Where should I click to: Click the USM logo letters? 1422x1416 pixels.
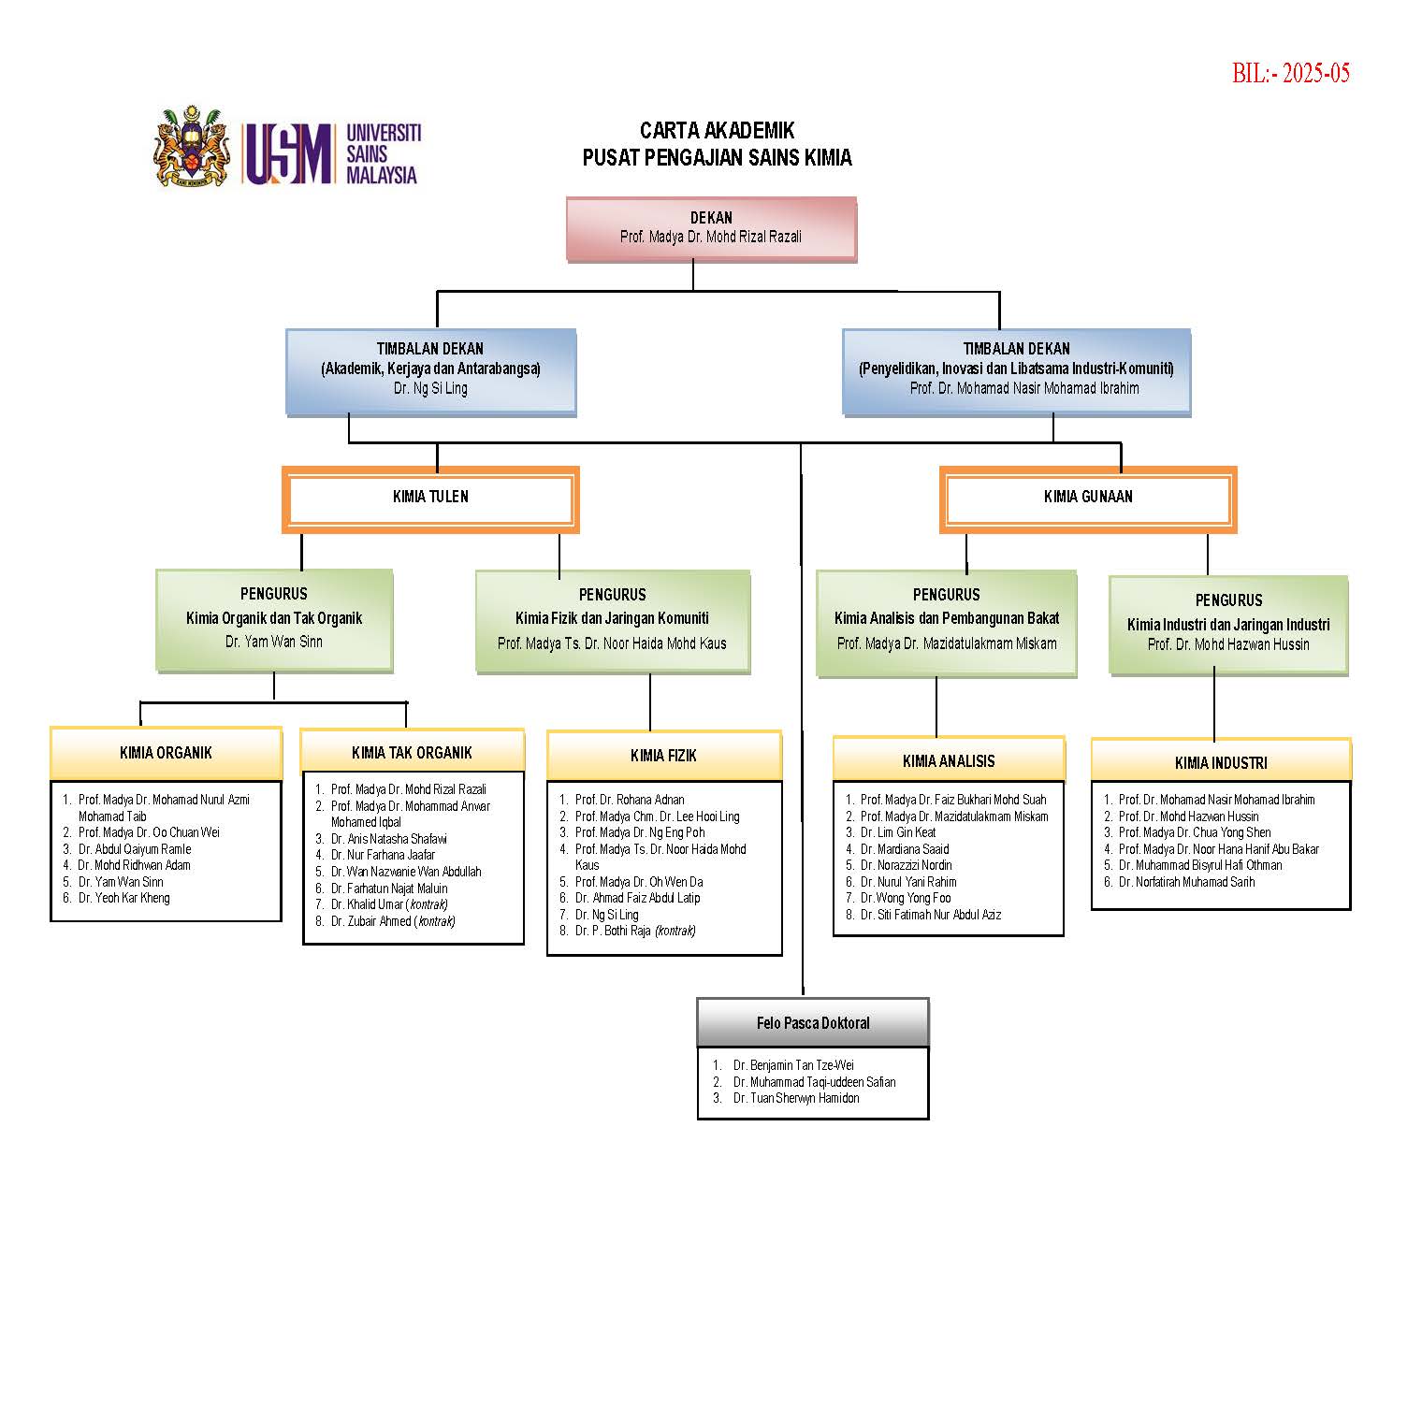[288, 153]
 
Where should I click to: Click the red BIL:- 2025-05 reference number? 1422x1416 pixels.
[1290, 74]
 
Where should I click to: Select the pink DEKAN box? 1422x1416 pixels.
[711, 228]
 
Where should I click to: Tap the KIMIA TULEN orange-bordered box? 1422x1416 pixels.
[430, 498]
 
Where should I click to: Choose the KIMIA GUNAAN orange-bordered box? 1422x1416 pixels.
[1087, 498]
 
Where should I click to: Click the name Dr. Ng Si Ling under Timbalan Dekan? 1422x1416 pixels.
[430, 388]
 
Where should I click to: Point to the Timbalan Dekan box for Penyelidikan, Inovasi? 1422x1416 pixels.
[1016, 370]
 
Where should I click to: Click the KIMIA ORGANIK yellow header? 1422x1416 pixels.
[166, 753]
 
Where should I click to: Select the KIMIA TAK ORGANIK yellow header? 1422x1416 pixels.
[412, 753]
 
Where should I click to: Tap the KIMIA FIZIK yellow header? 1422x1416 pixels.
[663, 756]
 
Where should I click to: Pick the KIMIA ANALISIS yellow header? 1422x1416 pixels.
[949, 761]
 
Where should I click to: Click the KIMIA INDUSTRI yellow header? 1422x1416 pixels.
[1221, 763]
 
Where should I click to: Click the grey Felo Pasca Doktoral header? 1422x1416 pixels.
[813, 1023]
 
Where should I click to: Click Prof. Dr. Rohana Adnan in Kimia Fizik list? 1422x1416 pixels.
[630, 800]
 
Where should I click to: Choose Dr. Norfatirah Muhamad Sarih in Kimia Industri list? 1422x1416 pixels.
[1186, 882]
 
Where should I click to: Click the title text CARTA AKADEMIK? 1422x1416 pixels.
[717, 131]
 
